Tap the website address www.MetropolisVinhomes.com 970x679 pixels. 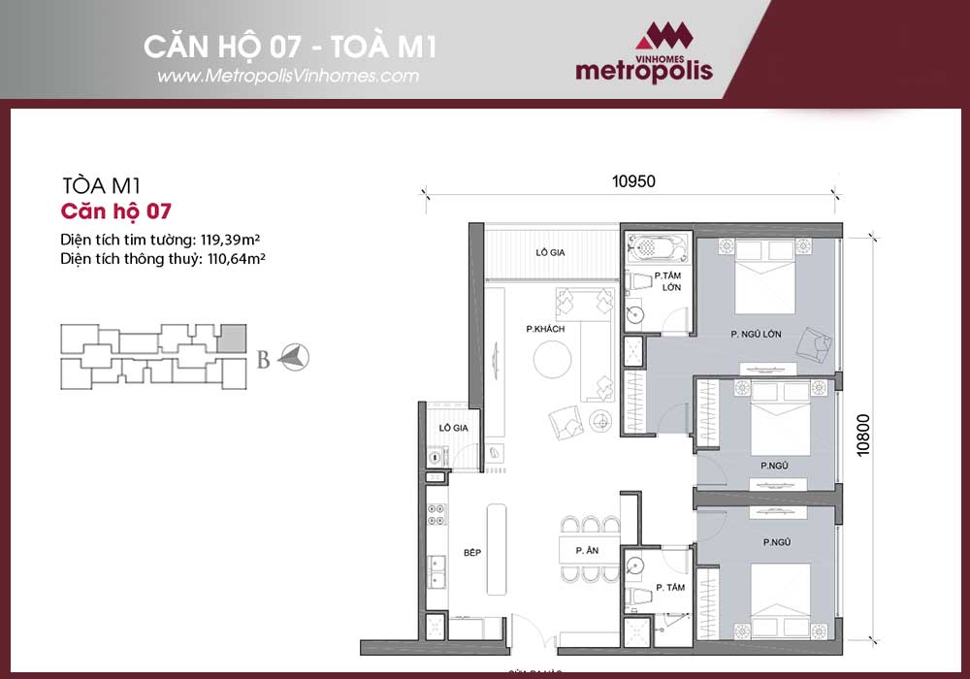click(287, 76)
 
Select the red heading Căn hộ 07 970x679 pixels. click(115, 210)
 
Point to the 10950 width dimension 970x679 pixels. click(635, 180)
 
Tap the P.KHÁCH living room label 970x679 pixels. click(546, 330)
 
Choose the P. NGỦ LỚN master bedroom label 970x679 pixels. click(757, 335)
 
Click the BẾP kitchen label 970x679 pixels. click(472, 552)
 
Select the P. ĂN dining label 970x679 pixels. click(585, 551)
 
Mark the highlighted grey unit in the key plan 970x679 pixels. click(231, 338)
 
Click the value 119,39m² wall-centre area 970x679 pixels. click(234, 238)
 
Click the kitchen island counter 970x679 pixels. click(497, 550)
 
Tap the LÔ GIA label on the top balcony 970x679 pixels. click(551, 252)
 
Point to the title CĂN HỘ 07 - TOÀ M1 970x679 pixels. click(282, 46)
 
